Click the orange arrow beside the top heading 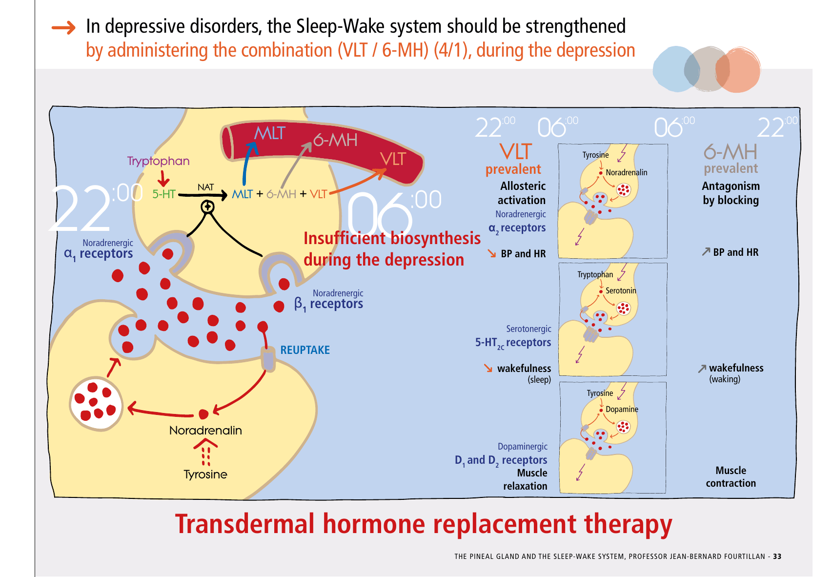tap(63, 27)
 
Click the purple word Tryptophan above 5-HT tap(158, 161)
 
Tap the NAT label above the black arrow tap(205, 187)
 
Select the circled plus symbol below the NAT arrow tap(208, 207)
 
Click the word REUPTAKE tap(305, 350)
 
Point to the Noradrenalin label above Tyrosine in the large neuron tap(205, 430)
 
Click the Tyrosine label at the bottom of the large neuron tap(205, 474)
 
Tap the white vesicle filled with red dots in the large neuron tap(96, 404)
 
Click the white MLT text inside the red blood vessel tap(269, 133)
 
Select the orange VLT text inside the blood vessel tap(393, 159)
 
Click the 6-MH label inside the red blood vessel tap(335, 141)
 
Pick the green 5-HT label tap(163, 194)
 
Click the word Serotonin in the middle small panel tap(621, 290)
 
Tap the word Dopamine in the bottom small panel tap(622, 409)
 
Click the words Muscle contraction tap(731, 476)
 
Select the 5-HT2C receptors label tap(513, 343)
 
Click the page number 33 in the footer tap(777, 556)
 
